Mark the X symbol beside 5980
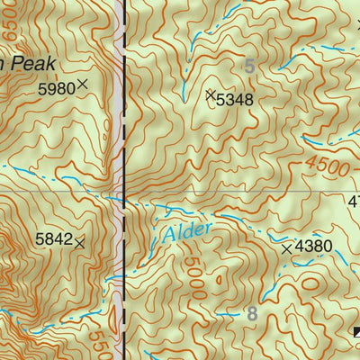tap(83, 85)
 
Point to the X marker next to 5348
tap(211, 94)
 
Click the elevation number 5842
tap(53, 239)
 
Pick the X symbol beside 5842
tap(79, 242)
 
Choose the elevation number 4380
tap(314, 247)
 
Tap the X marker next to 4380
tap(287, 247)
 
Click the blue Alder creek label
tap(187, 232)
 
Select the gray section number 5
tap(249, 66)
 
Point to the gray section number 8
tap(252, 314)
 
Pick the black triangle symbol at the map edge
tap(356, 334)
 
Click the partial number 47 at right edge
tap(353, 202)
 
